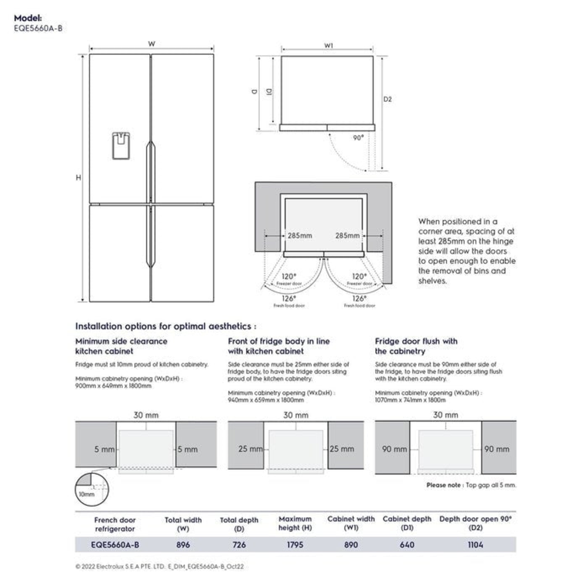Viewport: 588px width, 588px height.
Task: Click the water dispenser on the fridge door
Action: coord(121,145)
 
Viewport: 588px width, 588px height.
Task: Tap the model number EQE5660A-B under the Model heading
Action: coord(38,27)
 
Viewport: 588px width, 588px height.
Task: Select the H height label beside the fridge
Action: coord(79,178)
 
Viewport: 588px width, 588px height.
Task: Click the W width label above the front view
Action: coord(151,44)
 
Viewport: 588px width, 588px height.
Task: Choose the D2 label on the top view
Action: coord(387,99)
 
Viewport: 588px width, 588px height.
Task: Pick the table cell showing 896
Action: coord(183,545)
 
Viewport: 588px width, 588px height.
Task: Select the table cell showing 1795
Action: coord(295,545)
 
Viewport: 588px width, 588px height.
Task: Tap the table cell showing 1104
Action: coord(475,545)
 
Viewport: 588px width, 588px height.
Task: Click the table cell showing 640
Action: coord(406,545)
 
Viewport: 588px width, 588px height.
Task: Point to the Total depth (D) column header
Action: coord(239,524)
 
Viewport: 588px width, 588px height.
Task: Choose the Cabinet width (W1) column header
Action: coord(350,523)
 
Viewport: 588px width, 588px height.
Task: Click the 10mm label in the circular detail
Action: coord(86,495)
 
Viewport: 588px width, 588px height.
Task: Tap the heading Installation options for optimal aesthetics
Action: coord(166,326)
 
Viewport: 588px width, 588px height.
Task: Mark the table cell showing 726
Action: coord(239,545)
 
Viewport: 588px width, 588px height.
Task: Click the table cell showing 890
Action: coord(350,545)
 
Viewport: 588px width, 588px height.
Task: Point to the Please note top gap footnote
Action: coord(471,485)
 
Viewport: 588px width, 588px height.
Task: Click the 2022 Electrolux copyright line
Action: coord(159,567)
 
